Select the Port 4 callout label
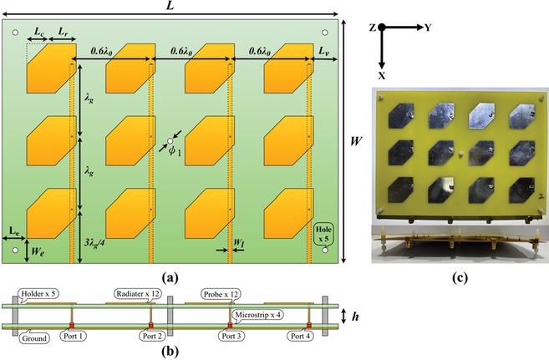coord(301,337)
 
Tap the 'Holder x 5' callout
coord(38,293)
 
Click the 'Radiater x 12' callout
coord(138,294)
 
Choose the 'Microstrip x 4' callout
coord(258,315)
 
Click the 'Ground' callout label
coord(34,338)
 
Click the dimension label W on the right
coord(356,141)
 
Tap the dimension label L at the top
coord(170,6)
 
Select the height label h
coord(355,317)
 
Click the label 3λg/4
coord(94,241)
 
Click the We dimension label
coord(38,251)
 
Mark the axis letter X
coord(382,75)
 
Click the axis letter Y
coord(428,28)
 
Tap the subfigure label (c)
coord(460,277)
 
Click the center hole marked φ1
coord(170,141)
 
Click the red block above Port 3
coord(230,326)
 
